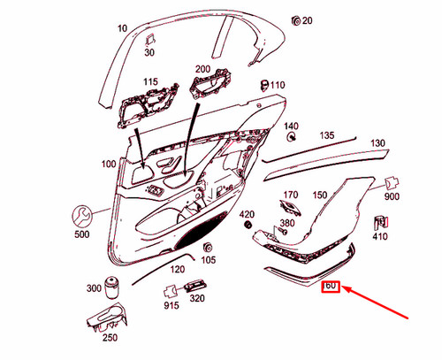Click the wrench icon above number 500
81,217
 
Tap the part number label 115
150,81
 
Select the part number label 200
202,69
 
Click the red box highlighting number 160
331,287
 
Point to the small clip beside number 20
295,20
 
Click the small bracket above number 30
150,40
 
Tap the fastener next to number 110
264,85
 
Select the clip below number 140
292,136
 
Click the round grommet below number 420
248,225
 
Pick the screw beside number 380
283,232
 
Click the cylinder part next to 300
112,287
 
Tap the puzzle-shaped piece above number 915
170,292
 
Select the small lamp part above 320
195,286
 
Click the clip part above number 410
381,223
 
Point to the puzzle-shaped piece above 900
392,184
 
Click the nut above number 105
208,248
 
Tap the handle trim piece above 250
108,318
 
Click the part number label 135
327,135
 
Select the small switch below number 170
290,208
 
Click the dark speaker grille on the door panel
202,230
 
